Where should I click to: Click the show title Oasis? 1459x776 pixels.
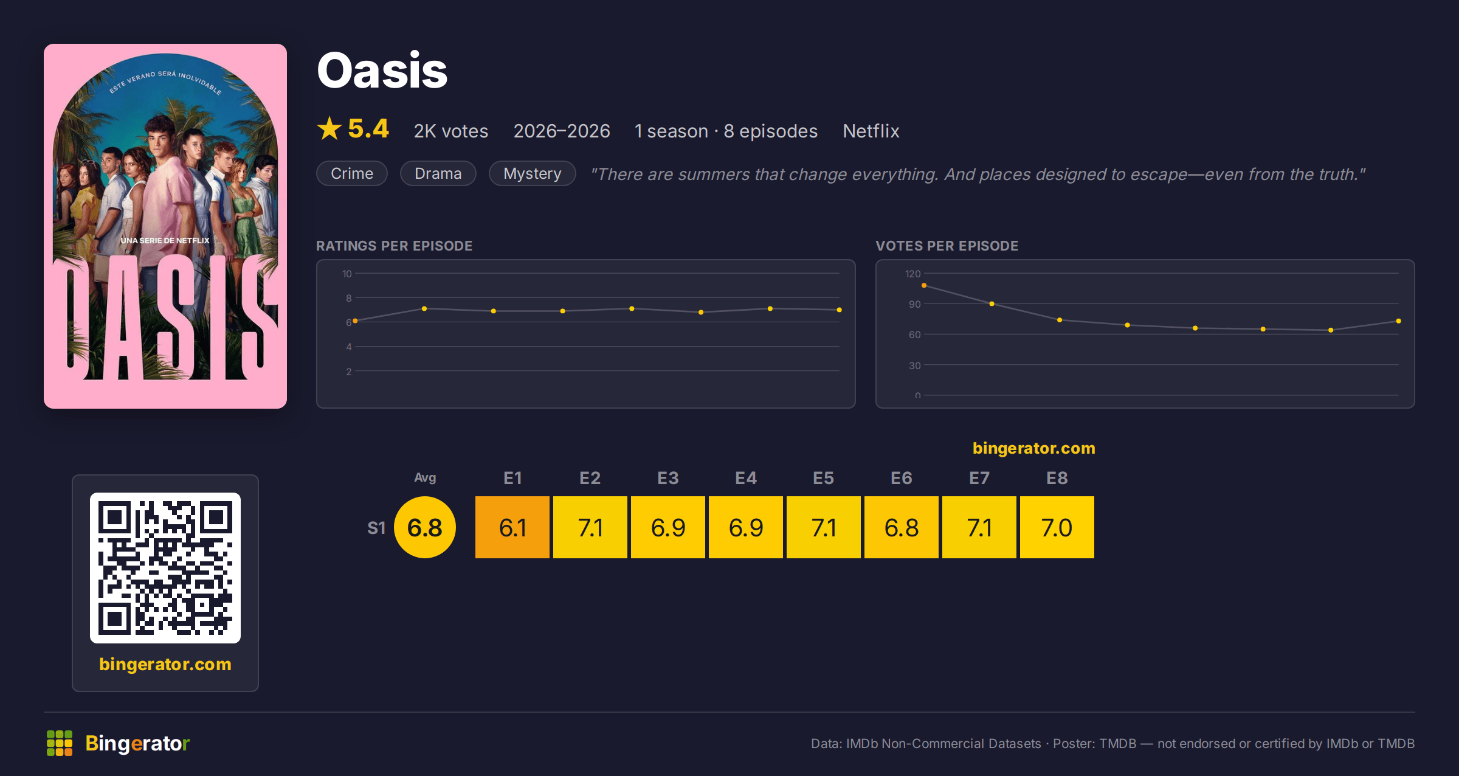point(382,71)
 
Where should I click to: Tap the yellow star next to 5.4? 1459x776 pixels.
point(329,128)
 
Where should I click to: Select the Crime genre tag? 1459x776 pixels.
point(352,173)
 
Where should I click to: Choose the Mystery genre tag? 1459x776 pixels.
point(532,173)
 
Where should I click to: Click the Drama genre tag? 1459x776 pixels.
point(438,173)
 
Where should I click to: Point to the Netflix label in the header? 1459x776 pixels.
point(871,131)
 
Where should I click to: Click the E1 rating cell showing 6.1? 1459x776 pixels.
point(512,527)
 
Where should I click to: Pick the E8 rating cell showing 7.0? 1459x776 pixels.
point(1057,527)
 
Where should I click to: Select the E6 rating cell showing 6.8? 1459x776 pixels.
point(902,527)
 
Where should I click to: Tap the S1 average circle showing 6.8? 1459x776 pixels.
point(425,527)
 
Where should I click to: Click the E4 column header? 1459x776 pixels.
point(746,478)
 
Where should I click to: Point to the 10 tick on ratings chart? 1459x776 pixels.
point(347,274)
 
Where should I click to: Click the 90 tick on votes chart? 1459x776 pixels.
point(914,304)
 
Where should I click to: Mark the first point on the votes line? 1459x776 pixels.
point(924,285)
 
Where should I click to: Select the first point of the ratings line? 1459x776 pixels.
point(355,320)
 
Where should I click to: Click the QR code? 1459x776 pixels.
point(165,568)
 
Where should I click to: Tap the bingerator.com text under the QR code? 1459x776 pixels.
point(165,664)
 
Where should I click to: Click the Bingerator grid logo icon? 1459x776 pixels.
point(60,743)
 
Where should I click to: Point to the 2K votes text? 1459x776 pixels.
point(451,131)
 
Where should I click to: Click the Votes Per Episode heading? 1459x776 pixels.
point(947,246)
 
